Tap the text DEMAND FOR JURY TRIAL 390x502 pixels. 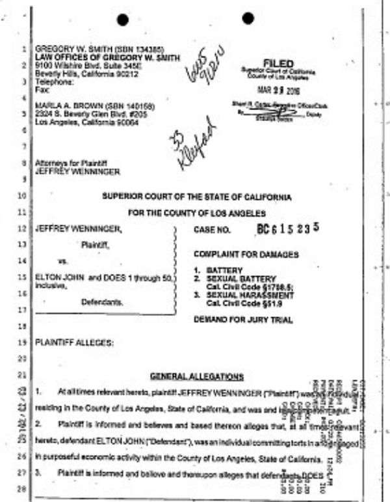[242, 320]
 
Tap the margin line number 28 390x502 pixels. [23, 489]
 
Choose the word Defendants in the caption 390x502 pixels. [102, 302]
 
